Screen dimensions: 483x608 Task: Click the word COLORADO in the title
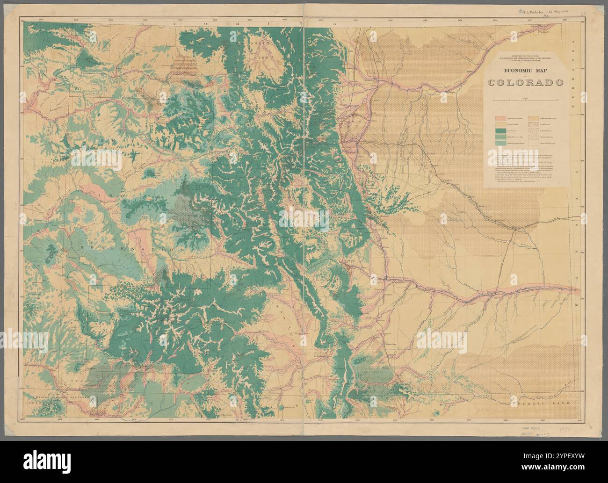(x=525, y=83)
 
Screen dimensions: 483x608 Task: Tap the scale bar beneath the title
(x=525, y=100)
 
